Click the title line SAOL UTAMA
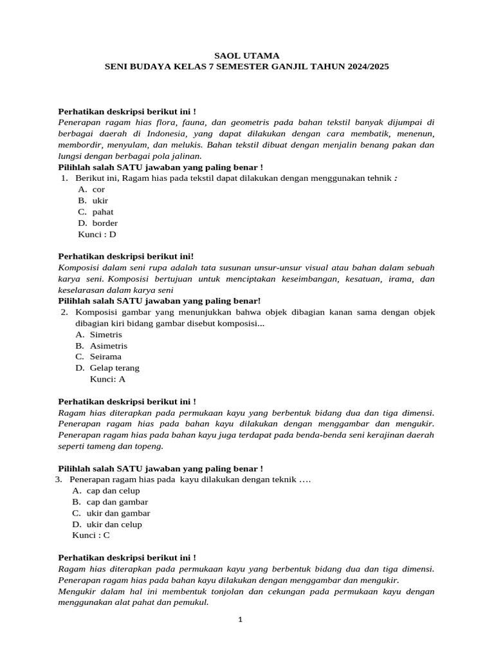click(247, 55)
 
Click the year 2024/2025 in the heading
click(368, 66)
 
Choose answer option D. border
click(98, 223)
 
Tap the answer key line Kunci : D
click(97, 234)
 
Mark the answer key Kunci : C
click(91, 535)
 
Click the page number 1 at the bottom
click(240, 620)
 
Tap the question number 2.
click(64, 312)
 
